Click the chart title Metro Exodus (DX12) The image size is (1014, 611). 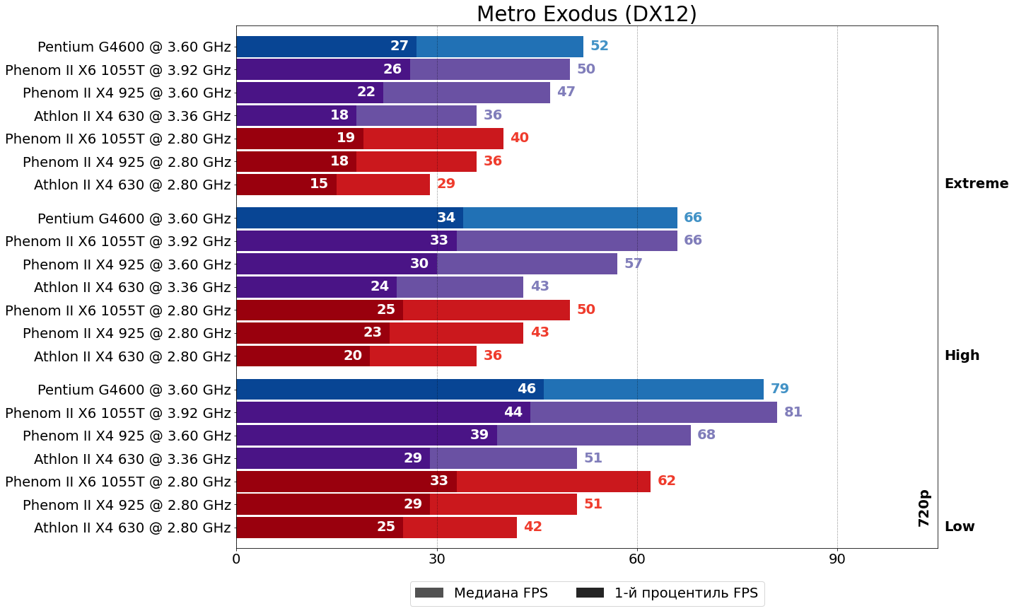[586, 14]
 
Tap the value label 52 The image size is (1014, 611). [599, 46]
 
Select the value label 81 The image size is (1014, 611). [793, 412]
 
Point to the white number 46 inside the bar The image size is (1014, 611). [526, 389]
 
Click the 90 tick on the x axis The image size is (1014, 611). [837, 559]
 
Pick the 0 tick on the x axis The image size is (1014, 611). [236, 559]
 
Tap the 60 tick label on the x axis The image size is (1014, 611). [637, 559]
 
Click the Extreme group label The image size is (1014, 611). [976, 184]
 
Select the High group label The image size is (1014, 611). [962, 356]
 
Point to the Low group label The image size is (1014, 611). [959, 527]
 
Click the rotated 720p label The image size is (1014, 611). [924, 508]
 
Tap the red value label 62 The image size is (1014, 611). [666, 481]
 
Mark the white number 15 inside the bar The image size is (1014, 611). [318, 184]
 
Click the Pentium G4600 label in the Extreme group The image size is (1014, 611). [134, 47]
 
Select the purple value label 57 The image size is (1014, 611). [633, 264]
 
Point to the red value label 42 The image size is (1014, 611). [532, 527]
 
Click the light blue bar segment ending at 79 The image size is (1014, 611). [653, 390]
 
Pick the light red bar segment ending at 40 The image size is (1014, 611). [433, 139]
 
